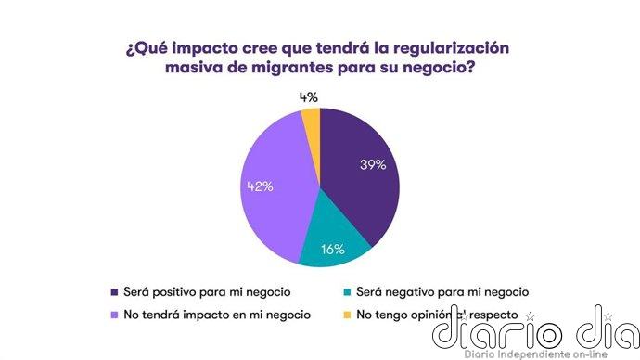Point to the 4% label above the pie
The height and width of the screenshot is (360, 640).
click(309, 96)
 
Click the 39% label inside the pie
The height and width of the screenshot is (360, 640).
click(372, 164)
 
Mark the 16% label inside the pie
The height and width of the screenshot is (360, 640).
click(332, 249)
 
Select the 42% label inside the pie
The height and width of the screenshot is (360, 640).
click(260, 186)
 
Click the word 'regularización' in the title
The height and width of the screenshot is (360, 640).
click(452, 46)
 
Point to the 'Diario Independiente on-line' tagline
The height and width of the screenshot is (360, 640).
click(537, 354)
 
